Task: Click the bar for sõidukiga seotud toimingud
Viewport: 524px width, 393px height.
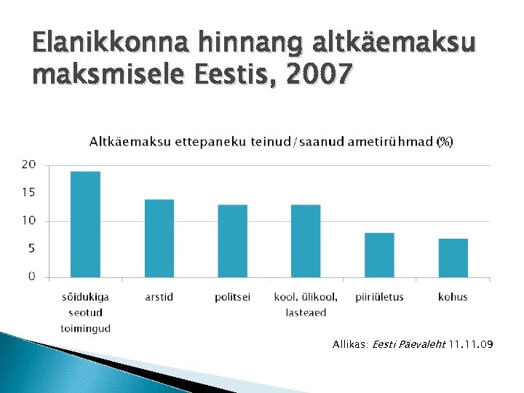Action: pyautogui.click(x=85, y=224)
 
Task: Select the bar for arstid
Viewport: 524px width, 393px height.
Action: pyautogui.click(x=159, y=238)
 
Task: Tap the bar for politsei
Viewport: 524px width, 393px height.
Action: pyautogui.click(x=232, y=241)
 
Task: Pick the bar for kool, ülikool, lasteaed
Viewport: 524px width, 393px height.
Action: pyautogui.click(x=306, y=241)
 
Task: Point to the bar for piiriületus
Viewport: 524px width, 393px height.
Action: pyautogui.click(x=379, y=255)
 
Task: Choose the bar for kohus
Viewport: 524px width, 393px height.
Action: pyautogui.click(x=453, y=258)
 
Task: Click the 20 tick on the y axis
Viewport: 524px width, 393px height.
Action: pyautogui.click(x=28, y=164)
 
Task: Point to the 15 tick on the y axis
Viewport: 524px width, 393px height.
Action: pyautogui.click(x=28, y=192)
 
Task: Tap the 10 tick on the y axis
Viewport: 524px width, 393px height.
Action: pyautogui.click(x=28, y=221)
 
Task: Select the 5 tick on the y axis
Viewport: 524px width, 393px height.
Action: pyautogui.click(x=31, y=248)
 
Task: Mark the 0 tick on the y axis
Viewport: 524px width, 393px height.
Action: pyautogui.click(x=31, y=276)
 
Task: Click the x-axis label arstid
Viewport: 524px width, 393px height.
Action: pyautogui.click(x=159, y=297)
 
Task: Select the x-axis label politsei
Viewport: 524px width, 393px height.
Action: pyautogui.click(x=232, y=297)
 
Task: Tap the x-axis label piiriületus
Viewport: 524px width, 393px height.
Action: pyautogui.click(x=379, y=297)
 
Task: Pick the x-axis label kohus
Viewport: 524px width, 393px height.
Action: pyautogui.click(x=453, y=297)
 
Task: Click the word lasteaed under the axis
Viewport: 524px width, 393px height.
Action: pyautogui.click(x=306, y=313)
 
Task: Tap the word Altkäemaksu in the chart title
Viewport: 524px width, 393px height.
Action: pyautogui.click(x=123, y=141)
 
